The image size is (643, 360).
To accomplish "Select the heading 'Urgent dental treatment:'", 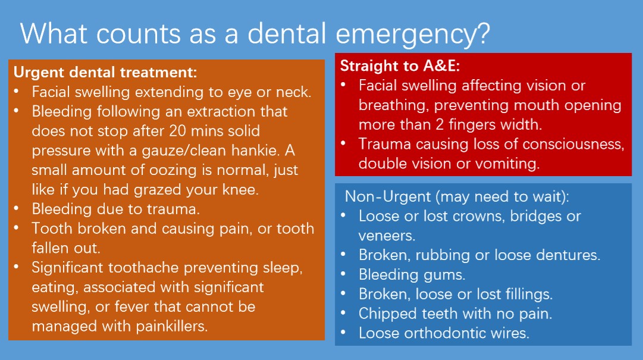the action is coord(105,72).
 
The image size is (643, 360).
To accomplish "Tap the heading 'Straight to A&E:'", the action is coord(400,65).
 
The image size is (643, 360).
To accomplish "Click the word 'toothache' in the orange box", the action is coord(143,267).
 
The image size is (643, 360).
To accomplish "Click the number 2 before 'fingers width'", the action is coord(440,124).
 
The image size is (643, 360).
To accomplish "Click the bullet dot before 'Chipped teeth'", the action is coord(343,312).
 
